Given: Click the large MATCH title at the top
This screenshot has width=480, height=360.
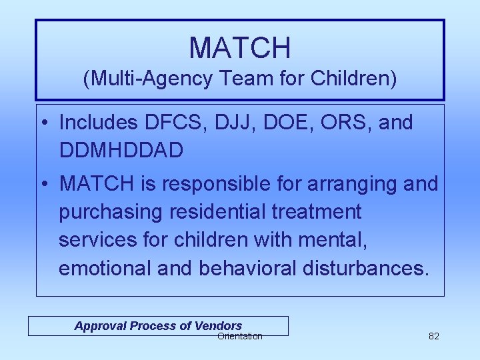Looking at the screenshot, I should pyautogui.click(x=240, y=47).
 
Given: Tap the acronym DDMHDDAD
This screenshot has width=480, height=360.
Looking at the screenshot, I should pyautogui.click(x=121, y=151).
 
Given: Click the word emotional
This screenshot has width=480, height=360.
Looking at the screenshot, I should pyautogui.click(x=105, y=268).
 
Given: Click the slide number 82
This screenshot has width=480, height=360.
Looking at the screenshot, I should pyautogui.click(x=433, y=336).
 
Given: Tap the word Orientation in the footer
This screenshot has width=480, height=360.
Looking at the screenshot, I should pyautogui.click(x=239, y=336).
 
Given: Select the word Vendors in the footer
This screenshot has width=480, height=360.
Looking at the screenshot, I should pyautogui.click(x=218, y=325).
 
